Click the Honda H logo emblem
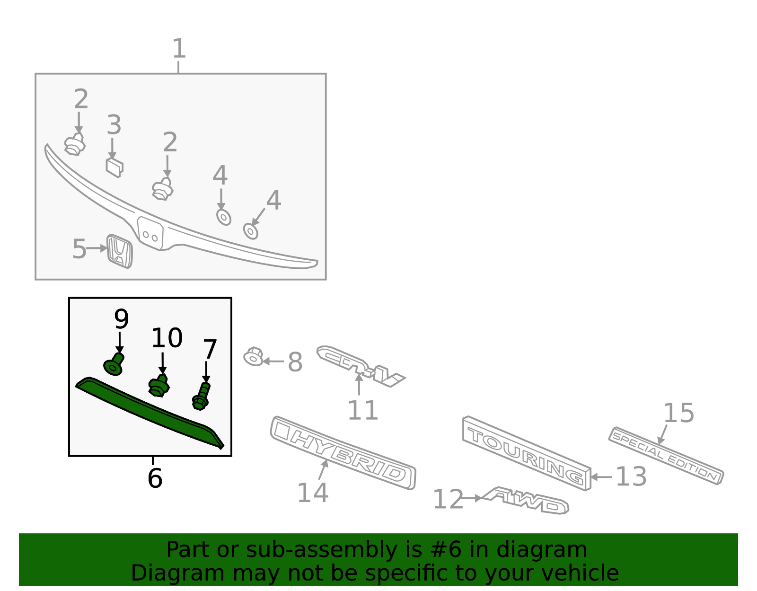(119, 251)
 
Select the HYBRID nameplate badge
(343, 452)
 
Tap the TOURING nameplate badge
(526, 453)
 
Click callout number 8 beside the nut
(295, 362)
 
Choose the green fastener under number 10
(159, 386)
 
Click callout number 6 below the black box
(155, 478)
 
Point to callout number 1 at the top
(178, 49)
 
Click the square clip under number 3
(114, 167)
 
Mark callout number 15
(678, 413)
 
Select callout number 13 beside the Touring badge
(631, 476)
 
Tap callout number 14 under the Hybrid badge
(312, 493)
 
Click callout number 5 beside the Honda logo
(79, 249)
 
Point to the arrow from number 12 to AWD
(471, 498)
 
